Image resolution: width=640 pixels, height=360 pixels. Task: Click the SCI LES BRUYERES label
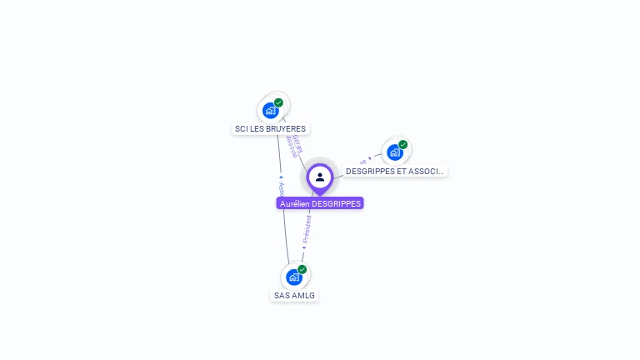271,129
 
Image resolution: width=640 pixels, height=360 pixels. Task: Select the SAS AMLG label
295,296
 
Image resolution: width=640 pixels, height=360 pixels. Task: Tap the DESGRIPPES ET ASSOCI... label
395,171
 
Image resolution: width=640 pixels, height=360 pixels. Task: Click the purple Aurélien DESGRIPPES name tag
320,203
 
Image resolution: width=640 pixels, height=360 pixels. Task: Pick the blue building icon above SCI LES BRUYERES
270,110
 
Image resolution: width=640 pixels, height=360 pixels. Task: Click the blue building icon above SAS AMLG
293,277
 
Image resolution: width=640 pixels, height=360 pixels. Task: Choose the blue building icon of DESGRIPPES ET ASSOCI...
394,152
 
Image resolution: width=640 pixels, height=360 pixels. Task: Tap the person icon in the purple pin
320,177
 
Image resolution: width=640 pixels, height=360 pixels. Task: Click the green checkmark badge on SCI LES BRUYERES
278,102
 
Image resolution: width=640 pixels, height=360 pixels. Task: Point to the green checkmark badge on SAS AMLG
302,269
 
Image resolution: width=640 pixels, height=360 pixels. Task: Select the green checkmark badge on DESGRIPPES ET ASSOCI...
403,145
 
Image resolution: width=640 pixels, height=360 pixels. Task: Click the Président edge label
307,227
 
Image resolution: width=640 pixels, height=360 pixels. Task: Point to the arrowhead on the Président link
304,247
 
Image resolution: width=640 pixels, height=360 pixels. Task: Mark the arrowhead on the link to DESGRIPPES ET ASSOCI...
370,158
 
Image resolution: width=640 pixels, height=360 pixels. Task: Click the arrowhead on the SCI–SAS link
281,176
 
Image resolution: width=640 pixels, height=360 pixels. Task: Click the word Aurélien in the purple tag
295,203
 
